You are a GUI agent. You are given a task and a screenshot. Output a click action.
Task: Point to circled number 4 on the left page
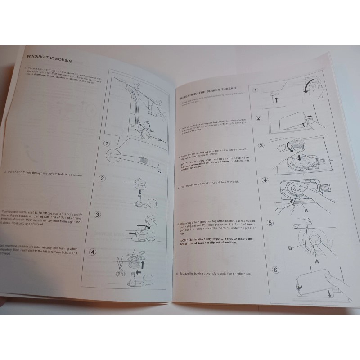click(x=92, y=252)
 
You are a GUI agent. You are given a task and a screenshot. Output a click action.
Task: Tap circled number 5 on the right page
click(x=270, y=223)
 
